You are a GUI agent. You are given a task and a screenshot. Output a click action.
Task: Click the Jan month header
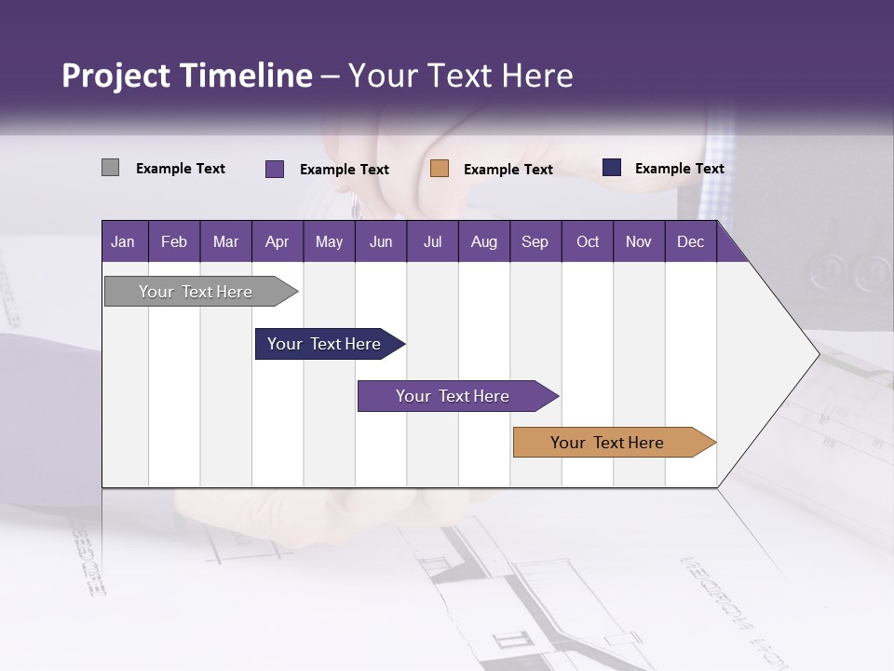(x=123, y=241)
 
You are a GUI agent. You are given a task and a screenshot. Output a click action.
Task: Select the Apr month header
(x=277, y=241)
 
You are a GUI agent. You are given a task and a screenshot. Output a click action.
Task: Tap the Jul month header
(x=432, y=241)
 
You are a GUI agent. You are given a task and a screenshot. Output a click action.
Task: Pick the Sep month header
(x=535, y=241)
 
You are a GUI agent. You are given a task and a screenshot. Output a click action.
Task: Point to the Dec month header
(x=690, y=241)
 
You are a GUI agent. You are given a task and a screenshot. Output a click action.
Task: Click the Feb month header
(x=174, y=241)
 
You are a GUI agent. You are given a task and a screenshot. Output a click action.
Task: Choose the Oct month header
(x=588, y=241)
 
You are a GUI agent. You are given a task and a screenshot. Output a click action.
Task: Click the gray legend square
(x=110, y=168)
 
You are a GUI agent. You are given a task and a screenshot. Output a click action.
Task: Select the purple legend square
(x=274, y=169)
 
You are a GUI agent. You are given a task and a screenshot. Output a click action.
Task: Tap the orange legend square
(x=440, y=169)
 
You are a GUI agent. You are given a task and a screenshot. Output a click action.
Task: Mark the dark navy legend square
(x=612, y=168)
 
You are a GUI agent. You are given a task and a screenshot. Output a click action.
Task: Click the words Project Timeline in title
(x=186, y=75)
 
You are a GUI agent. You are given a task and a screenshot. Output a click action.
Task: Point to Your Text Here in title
(x=460, y=75)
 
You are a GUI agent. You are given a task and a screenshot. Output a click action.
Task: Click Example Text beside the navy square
(x=679, y=168)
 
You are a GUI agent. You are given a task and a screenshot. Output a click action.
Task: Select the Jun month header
(x=381, y=241)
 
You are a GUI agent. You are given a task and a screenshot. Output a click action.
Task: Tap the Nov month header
(x=639, y=241)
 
